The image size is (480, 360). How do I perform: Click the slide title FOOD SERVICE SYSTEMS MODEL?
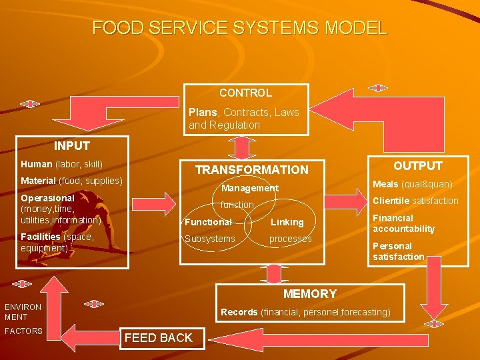pos(239,28)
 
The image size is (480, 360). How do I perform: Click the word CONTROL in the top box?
pos(245,93)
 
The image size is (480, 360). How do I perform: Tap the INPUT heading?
pos(72,146)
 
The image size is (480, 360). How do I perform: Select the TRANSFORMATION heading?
pos(251,170)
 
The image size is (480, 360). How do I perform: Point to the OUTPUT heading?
pos(417,166)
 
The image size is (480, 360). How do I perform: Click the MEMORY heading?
pos(310,294)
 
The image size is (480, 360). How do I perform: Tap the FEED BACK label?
pos(158,338)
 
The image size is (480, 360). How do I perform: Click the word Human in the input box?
pos(37,164)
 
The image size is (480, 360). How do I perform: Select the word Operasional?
pos(47,198)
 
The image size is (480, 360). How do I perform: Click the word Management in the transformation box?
pos(250,188)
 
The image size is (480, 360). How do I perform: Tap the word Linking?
pos(287,222)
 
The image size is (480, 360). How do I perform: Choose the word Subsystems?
pos(209,239)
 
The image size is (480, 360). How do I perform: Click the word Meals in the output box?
pos(385,184)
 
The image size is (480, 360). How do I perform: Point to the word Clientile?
pos(391,201)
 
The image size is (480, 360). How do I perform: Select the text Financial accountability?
pos(403,223)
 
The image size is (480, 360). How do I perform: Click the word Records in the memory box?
pos(239,312)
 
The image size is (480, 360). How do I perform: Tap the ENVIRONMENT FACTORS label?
pos(23,319)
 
